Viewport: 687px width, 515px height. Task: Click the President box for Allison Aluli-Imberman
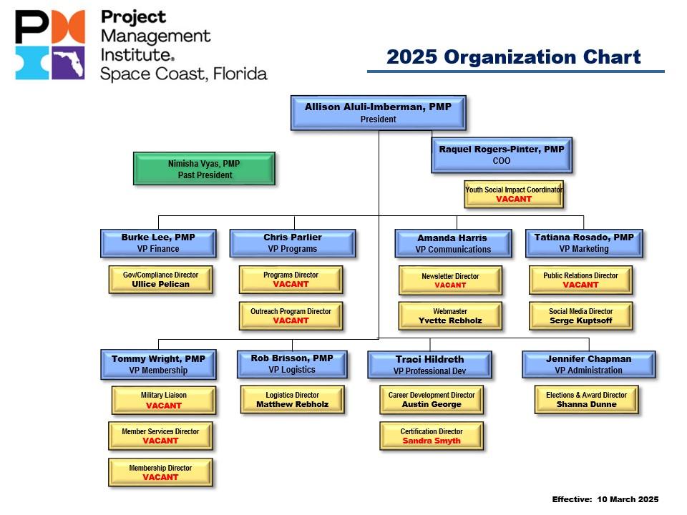[x=378, y=112]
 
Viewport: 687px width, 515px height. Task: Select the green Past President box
[x=204, y=169]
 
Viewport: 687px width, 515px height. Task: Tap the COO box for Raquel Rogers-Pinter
[x=501, y=155]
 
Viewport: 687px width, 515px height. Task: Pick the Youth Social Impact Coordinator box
[x=514, y=194]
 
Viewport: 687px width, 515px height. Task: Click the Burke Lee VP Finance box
[x=158, y=243]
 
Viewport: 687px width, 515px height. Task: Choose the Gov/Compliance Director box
[x=160, y=279]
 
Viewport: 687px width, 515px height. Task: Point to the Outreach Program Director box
[x=291, y=315]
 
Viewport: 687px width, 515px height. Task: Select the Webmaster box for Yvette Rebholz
[x=450, y=316]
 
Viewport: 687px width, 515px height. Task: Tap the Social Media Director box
[x=581, y=316]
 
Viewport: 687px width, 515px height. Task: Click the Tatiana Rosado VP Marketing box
[x=584, y=243]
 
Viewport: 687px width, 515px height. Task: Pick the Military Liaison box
[x=163, y=400]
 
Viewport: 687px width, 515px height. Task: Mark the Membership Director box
[x=160, y=472]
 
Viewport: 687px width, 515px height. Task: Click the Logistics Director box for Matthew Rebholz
[x=292, y=399]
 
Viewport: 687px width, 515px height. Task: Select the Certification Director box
[x=431, y=436]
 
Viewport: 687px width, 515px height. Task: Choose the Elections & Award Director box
[x=586, y=399]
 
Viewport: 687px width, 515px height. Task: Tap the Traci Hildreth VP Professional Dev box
[x=429, y=365]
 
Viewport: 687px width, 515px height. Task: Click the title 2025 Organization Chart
[x=513, y=57]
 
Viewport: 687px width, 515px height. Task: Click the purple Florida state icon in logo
[x=68, y=63]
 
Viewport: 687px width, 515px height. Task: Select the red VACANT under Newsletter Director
[x=450, y=285]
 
